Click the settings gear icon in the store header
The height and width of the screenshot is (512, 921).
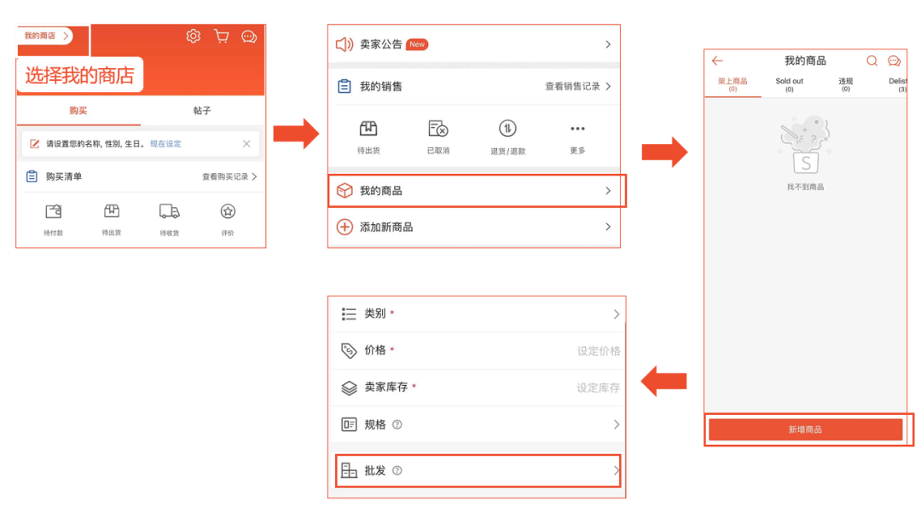[194, 36]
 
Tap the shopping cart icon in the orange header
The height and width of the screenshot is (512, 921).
[222, 36]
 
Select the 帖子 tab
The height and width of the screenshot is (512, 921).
[202, 111]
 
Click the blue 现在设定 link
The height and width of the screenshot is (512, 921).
[165, 144]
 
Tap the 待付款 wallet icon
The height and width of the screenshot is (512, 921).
[54, 211]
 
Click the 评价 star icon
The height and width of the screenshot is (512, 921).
[228, 211]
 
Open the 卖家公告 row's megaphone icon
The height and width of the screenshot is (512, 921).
[345, 44]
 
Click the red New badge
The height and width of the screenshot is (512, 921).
[417, 44]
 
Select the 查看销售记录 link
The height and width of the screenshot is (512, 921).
[572, 86]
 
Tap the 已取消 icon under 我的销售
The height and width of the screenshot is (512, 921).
[438, 129]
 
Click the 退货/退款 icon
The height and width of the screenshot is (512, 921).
[507, 129]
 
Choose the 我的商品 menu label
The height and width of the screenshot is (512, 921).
[381, 191]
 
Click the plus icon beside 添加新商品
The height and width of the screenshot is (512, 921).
[345, 227]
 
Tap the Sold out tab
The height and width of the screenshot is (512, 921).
[789, 82]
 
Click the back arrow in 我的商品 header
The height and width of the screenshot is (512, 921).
[717, 60]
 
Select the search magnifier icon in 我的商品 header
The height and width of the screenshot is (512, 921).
[872, 60]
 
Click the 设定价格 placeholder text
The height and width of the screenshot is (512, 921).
[598, 351]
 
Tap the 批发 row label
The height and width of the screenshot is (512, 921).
[375, 470]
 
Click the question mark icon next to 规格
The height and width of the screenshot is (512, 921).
[397, 424]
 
